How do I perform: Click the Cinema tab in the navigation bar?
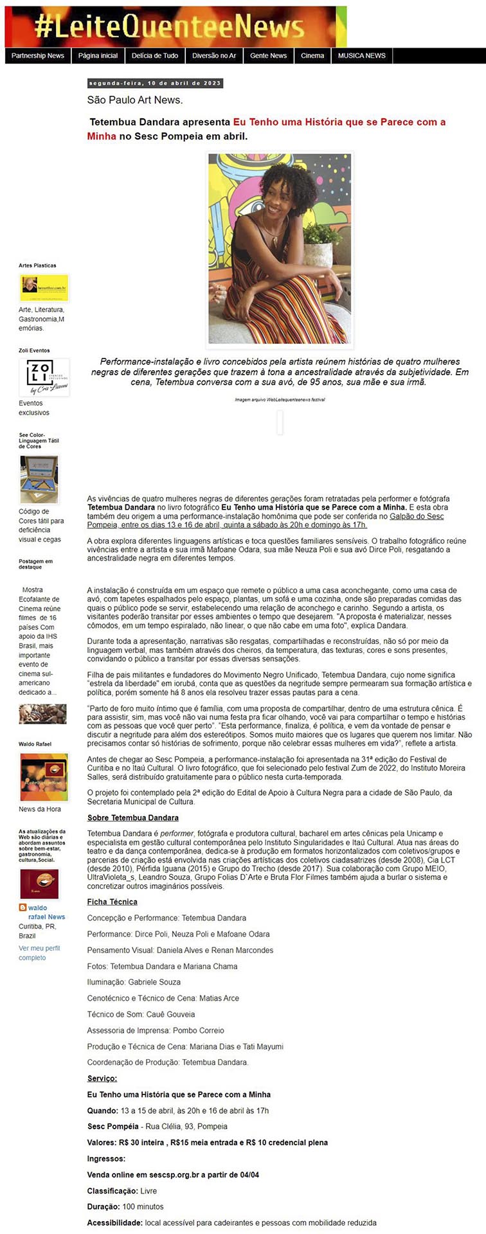click(312, 56)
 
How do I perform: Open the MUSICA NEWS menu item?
click(362, 56)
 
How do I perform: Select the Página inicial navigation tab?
click(98, 56)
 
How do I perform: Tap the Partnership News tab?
click(38, 56)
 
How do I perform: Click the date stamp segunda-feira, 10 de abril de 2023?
click(155, 84)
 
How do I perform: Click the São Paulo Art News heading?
click(135, 100)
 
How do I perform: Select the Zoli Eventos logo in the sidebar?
click(43, 377)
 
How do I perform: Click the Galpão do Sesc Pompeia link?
click(417, 516)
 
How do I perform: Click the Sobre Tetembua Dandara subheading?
click(133, 818)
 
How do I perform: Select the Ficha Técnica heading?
click(112, 902)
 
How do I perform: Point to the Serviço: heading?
click(102, 1078)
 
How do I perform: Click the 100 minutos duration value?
click(143, 1206)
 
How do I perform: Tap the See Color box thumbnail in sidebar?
click(39, 479)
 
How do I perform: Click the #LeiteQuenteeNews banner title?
click(170, 27)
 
